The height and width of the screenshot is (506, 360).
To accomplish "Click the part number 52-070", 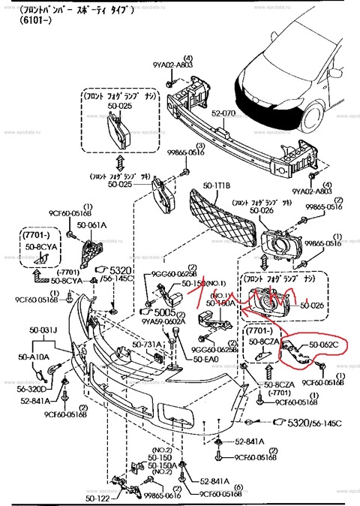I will pos(223,113).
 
